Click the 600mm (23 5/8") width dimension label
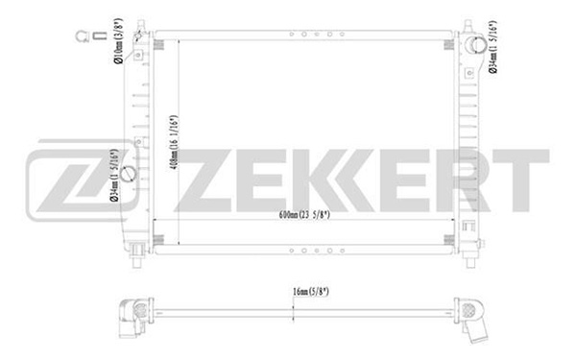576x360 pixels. click(x=304, y=214)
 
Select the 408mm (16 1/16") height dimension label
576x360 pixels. click(x=174, y=142)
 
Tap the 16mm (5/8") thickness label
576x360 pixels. click(x=311, y=292)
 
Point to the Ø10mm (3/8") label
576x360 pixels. click(x=118, y=41)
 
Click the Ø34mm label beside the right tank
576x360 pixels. click(x=492, y=47)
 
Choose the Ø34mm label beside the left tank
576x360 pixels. click(x=114, y=176)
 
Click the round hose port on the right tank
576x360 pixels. click(x=476, y=45)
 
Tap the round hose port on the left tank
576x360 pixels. click(x=129, y=174)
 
